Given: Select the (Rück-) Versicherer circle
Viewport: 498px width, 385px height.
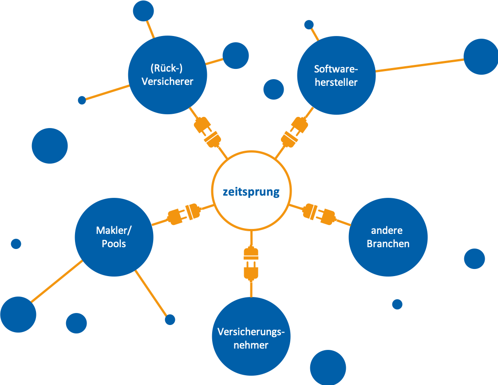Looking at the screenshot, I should click(167, 75).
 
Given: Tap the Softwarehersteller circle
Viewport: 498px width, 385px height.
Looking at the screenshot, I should click(336, 75).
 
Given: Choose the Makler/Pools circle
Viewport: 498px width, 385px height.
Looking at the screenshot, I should click(114, 237).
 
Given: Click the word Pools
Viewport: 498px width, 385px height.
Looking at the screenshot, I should click(114, 244).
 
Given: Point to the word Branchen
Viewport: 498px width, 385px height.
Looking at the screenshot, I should click(388, 244).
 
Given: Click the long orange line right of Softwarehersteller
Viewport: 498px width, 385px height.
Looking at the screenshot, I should click(419, 64).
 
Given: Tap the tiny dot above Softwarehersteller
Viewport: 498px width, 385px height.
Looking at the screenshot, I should click(309, 24).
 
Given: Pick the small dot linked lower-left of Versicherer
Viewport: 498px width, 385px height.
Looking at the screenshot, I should click(82, 100).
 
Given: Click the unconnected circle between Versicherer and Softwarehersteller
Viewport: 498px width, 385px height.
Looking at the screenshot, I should click(273, 89).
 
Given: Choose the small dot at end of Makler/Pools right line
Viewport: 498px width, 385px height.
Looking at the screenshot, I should click(170, 319).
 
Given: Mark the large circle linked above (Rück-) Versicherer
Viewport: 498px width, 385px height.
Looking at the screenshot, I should click(143, 11).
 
